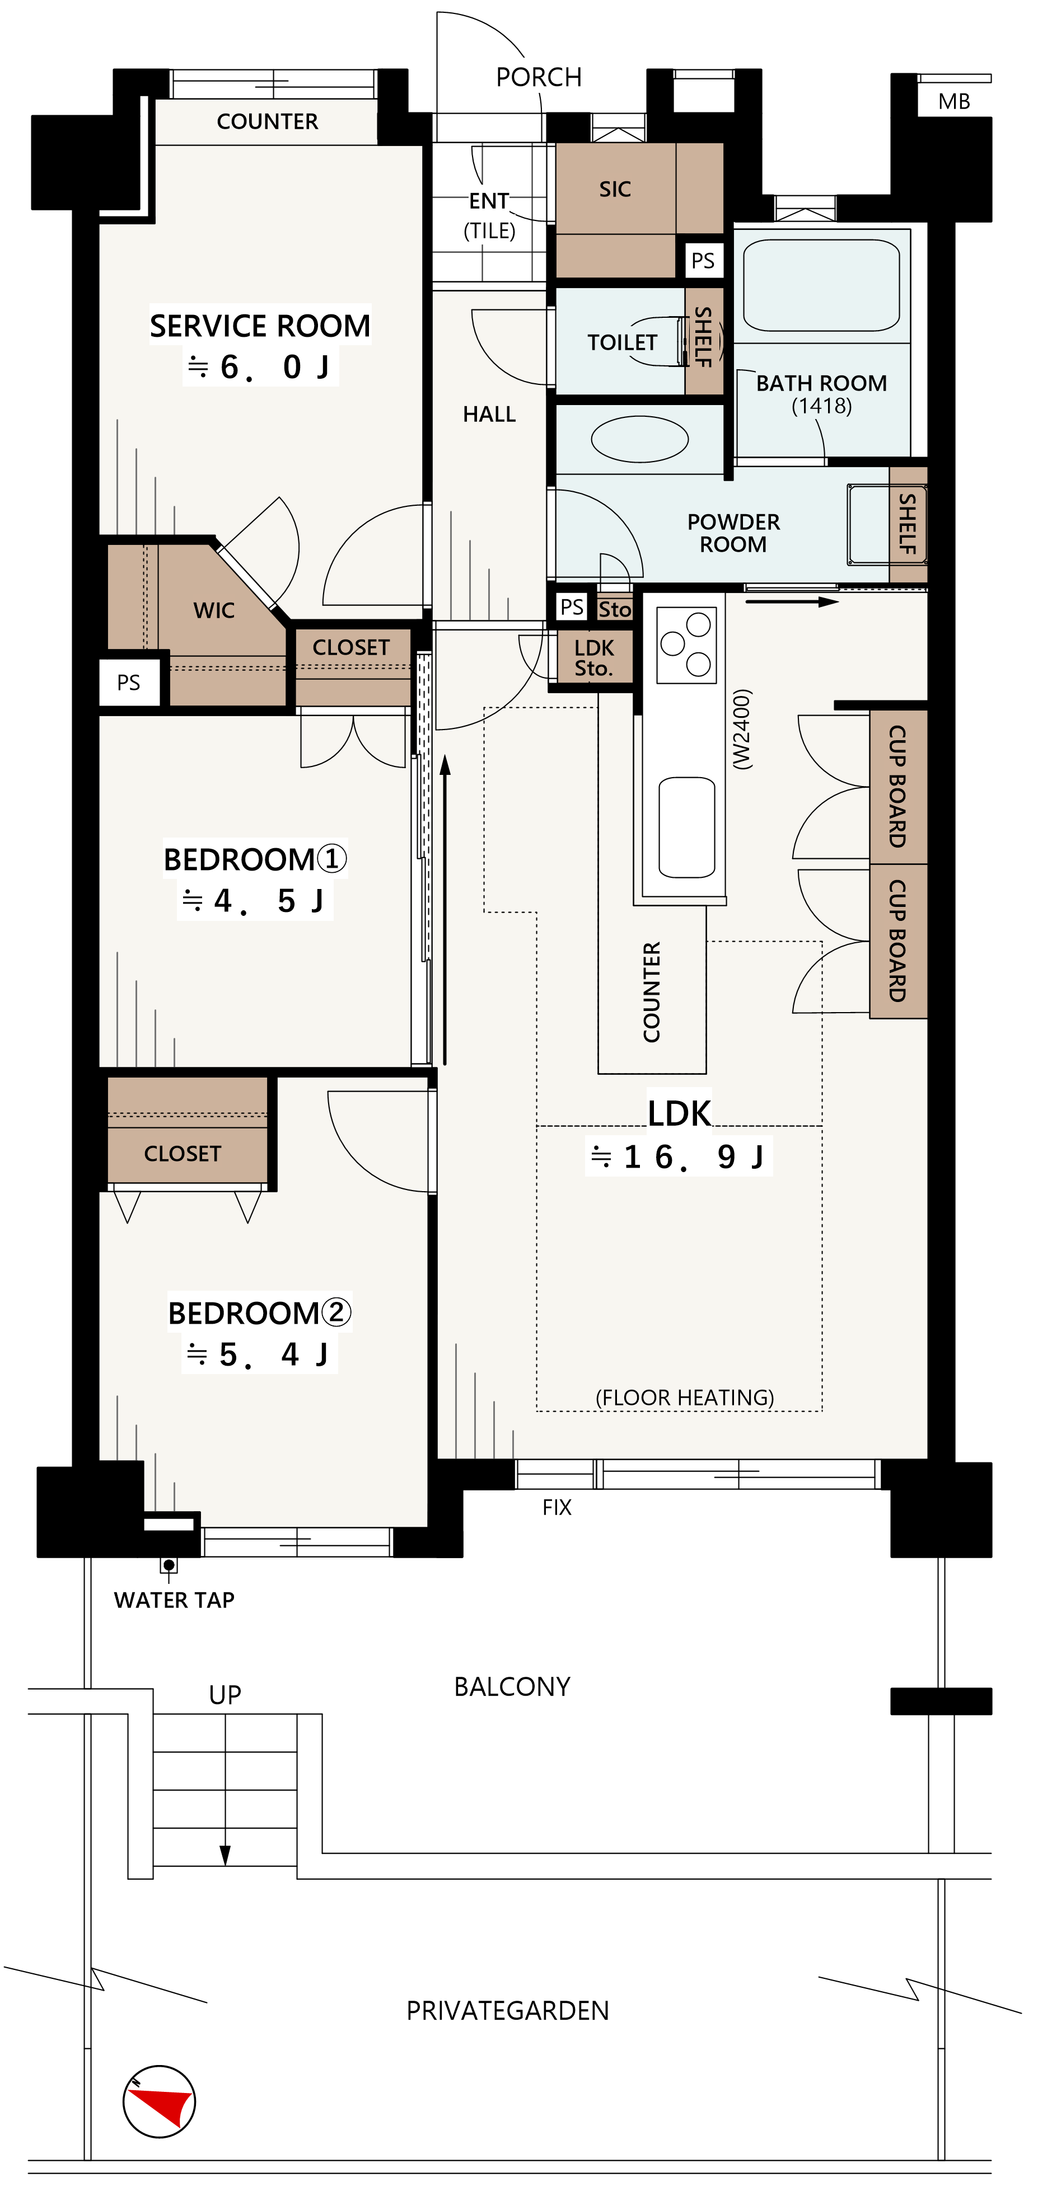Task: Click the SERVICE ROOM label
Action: (260, 326)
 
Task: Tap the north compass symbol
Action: (160, 2101)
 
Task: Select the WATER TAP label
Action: (174, 1600)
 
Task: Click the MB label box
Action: (954, 102)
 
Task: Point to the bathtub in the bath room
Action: (821, 284)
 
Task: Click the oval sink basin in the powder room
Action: (639, 439)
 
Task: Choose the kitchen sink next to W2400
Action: (686, 827)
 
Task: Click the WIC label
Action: (214, 610)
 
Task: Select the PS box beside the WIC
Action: (129, 683)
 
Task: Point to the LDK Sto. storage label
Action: (594, 658)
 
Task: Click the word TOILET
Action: (623, 342)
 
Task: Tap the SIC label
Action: (615, 189)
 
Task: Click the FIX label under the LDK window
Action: (557, 1507)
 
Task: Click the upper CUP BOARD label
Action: (897, 786)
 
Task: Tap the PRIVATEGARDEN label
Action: (508, 2010)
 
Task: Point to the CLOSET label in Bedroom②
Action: (183, 1154)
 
